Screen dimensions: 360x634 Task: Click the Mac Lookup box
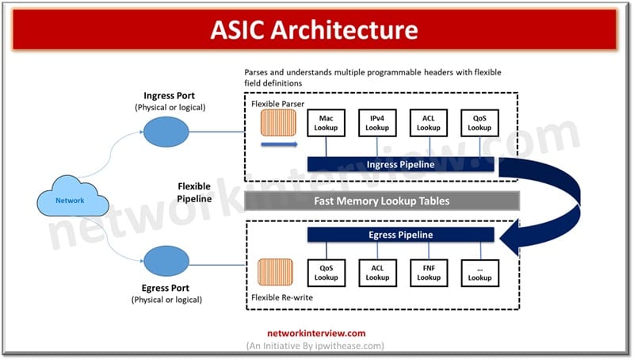pos(327,123)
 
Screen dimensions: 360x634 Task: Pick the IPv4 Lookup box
pos(377,123)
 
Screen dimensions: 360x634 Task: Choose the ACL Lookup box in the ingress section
pos(429,123)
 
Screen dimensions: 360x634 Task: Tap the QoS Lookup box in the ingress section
pos(479,123)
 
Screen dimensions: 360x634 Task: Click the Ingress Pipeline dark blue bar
pos(401,164)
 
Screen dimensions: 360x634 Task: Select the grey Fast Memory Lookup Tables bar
pos(382,201)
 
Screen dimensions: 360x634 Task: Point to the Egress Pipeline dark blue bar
pos(401,236)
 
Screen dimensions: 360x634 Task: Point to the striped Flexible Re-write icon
pos(277,272)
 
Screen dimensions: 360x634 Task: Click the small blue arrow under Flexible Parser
pos(278,145)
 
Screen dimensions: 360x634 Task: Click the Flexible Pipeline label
pos(194,193)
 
